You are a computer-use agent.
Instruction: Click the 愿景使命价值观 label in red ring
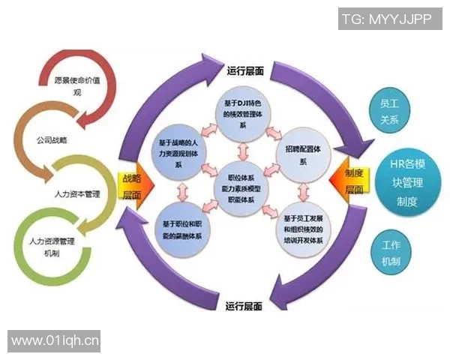[x=77, y=85]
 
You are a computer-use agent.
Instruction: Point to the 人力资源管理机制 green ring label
[x=52, y=247]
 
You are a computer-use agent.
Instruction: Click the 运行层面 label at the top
[x=244, y=71]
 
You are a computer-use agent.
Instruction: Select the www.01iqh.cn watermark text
[x=55, y=341]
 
